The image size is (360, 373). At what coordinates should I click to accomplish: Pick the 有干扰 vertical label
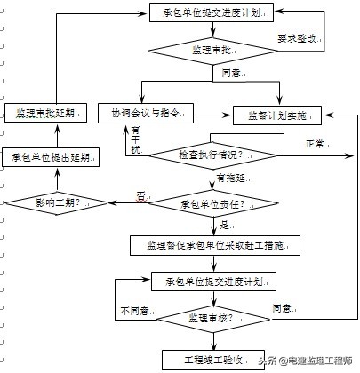[136, 138]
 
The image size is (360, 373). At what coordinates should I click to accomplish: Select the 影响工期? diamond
[57, 202]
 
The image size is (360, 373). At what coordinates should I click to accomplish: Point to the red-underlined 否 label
[140, 195]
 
